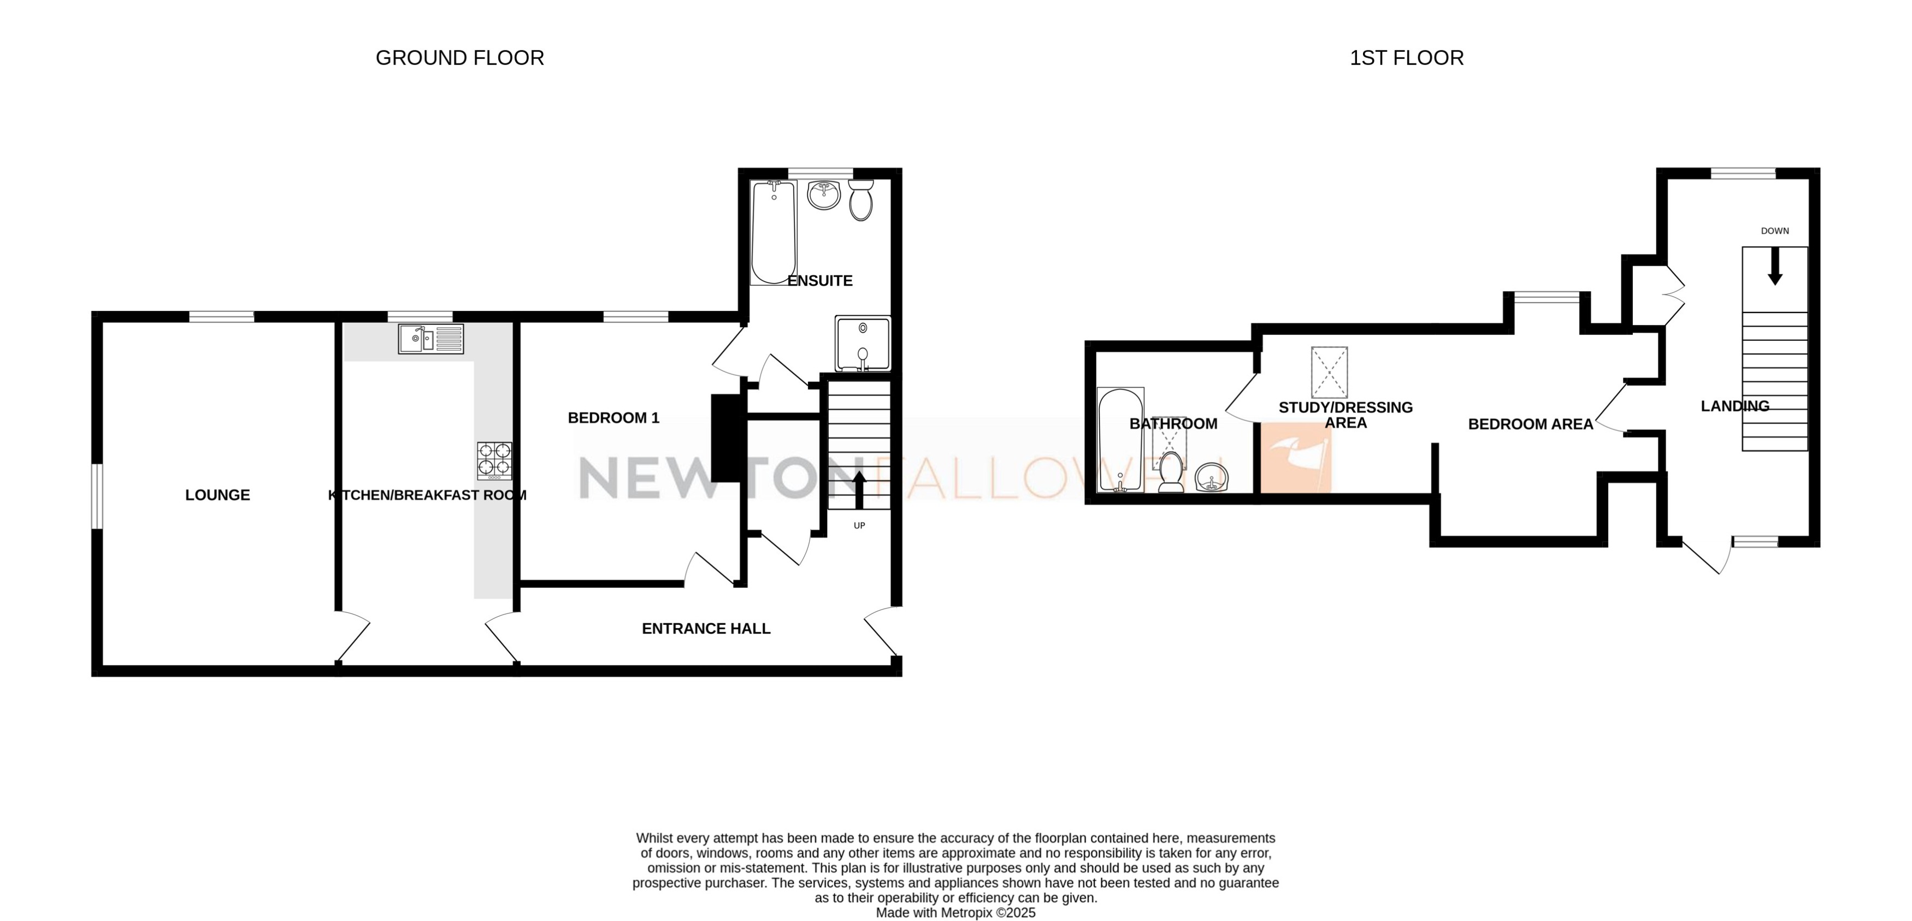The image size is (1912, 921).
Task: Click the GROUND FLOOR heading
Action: (x=459, y=58)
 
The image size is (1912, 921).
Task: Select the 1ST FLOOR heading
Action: (x=1406, y=58)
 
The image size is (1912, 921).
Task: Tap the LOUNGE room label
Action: (x=217, y=495)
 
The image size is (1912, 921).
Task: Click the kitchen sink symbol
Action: (x=430, y=339)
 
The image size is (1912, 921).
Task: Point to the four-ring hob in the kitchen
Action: (x=494, y=460)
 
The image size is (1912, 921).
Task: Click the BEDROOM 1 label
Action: (x=613, y=418)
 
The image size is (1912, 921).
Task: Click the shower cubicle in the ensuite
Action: (x=863, y=343)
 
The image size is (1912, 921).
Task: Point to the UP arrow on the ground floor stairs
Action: (x=859, y=488)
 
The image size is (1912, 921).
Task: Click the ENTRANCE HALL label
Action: (x=706, y=629)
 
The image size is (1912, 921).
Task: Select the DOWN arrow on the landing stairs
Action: (x=1775, y=265)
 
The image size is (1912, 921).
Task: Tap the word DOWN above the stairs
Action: (x=1775, y=231)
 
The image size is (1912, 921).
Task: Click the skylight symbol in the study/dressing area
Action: (x=1329, y=373)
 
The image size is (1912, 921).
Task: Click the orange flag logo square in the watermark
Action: (x=1295, y=458)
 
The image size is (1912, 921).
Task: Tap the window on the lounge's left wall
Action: (x=97, y=497)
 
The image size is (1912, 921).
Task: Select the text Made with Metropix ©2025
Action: (x=955, y=913)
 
